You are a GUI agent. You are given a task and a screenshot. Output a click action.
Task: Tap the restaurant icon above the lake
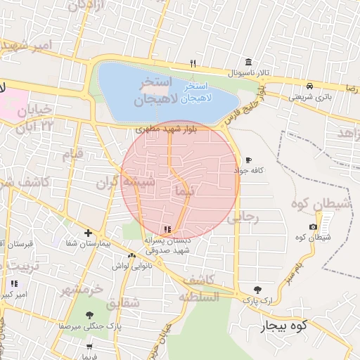193,64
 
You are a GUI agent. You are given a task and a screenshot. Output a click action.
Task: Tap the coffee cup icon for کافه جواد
247,160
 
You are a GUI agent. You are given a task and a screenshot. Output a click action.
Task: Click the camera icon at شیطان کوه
313,226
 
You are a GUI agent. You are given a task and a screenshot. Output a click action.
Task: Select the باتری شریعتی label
308,97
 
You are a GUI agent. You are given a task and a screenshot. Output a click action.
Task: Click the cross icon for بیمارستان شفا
88,233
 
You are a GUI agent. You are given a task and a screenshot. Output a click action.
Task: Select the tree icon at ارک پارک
259,290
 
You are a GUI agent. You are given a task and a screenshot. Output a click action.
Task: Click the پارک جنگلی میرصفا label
90,326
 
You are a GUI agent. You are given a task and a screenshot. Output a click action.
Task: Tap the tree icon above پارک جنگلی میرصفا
89,316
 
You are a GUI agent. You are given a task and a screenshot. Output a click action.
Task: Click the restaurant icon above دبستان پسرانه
167,229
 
